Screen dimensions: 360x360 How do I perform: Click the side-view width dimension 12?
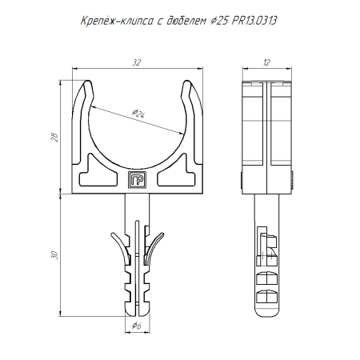(266, 61)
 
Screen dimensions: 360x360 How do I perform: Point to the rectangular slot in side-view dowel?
(262, 244)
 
